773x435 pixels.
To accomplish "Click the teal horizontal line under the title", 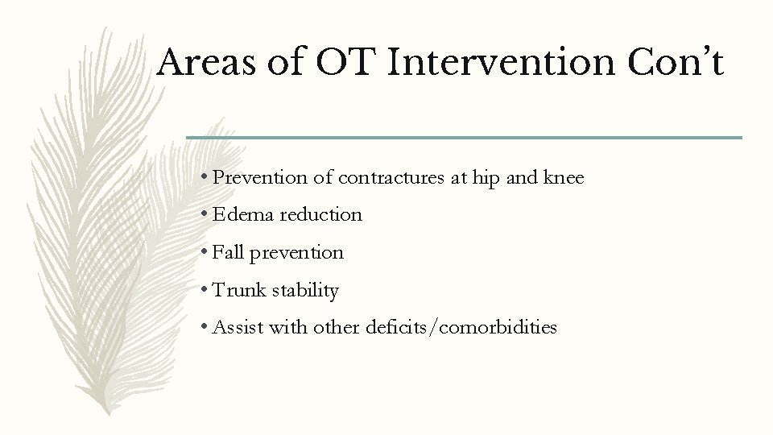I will (464, 138).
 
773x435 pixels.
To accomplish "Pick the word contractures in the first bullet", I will (390, 177).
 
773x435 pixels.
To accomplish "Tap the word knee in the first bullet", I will (564, 177).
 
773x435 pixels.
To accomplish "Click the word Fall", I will (229, 252).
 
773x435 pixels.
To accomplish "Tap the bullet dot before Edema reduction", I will (207, 215).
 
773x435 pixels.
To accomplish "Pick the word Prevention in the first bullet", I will (258, 177).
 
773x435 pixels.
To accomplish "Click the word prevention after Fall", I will (296, 253).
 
